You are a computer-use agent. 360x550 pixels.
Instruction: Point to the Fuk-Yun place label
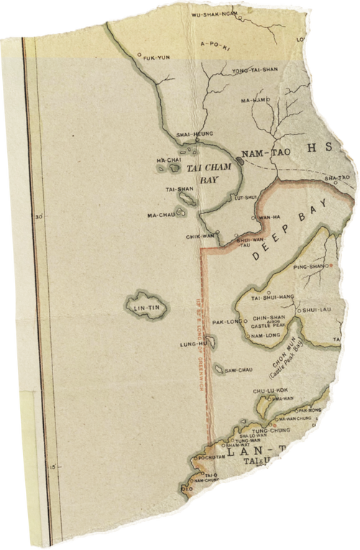point(157,58)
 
